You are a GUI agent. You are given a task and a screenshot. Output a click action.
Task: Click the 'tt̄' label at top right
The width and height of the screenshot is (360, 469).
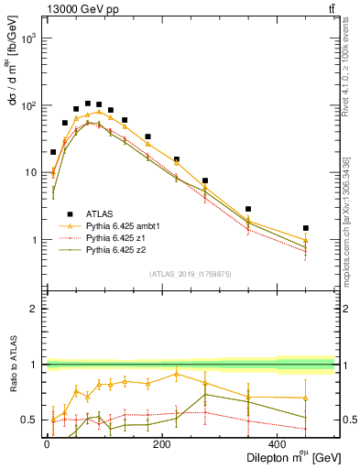(x=329, y=10)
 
